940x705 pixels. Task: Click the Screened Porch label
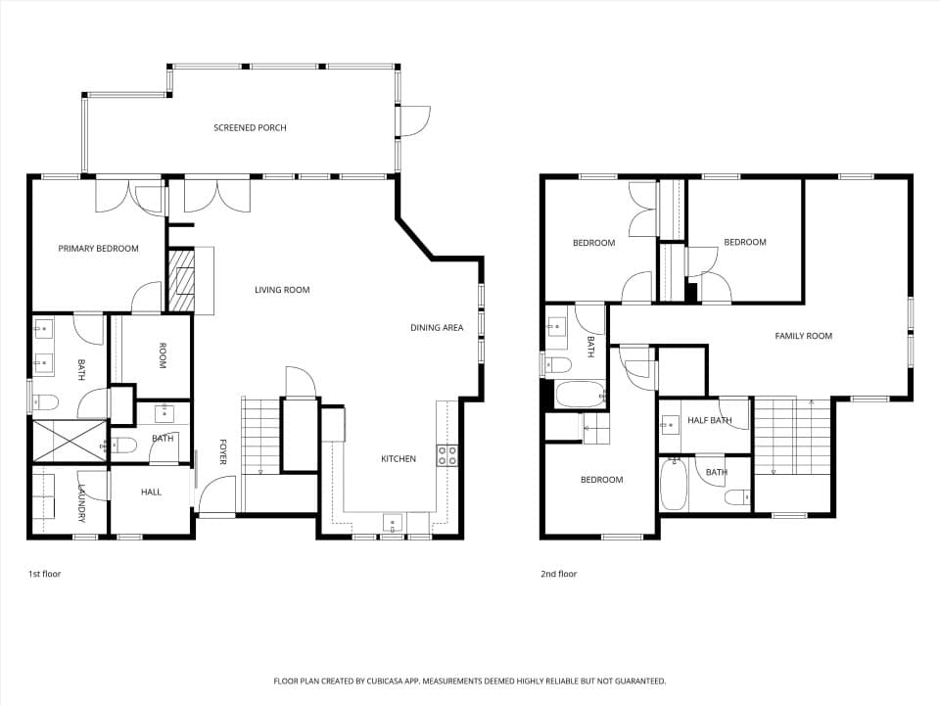coord(250,127)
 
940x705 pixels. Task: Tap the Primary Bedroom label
coord(98,248)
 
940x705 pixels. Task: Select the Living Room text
coord(282,290)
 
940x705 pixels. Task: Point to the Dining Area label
coord(437,327)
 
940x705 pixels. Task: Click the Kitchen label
coord(399,458)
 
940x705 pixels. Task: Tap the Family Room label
coord(803,336)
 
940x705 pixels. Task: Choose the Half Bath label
coord(710,420)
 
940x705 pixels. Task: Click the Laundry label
coord(82,503)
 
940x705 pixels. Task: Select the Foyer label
coord(222,452)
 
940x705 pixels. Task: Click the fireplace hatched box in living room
coord(180,281)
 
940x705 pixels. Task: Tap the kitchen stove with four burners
coord(447,455)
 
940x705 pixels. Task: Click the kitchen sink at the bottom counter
coord(393,523)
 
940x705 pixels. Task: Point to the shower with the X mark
coord(69,442)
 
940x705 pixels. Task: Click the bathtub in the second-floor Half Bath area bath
coord(674,484)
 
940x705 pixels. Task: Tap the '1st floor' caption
coord(45,574)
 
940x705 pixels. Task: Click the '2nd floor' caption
coord(559,574)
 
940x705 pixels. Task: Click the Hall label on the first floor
coord(151,492)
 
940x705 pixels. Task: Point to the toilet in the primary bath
coord(44,401)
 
